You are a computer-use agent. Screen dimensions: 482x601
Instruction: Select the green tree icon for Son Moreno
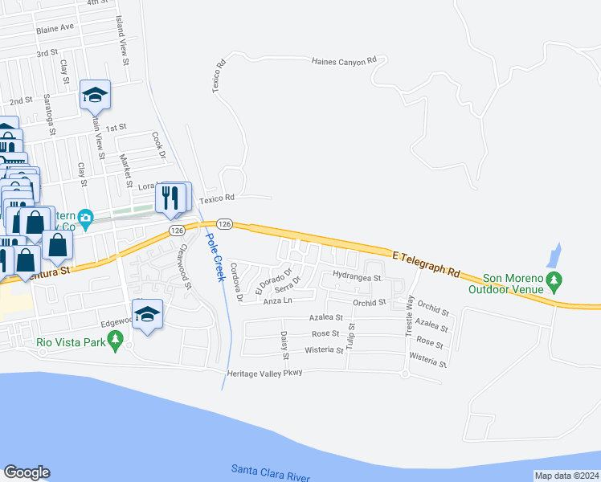(x=554, y=280)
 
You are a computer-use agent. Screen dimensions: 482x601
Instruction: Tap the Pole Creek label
(x=213, y=256)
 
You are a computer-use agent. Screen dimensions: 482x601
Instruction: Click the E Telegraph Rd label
(x=427, y=264)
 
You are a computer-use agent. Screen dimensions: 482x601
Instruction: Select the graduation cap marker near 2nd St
(x=95, y=95)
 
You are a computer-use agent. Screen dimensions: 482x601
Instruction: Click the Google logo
(x=27, y=472)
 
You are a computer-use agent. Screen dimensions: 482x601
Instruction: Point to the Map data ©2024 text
(x=566, y=476)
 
